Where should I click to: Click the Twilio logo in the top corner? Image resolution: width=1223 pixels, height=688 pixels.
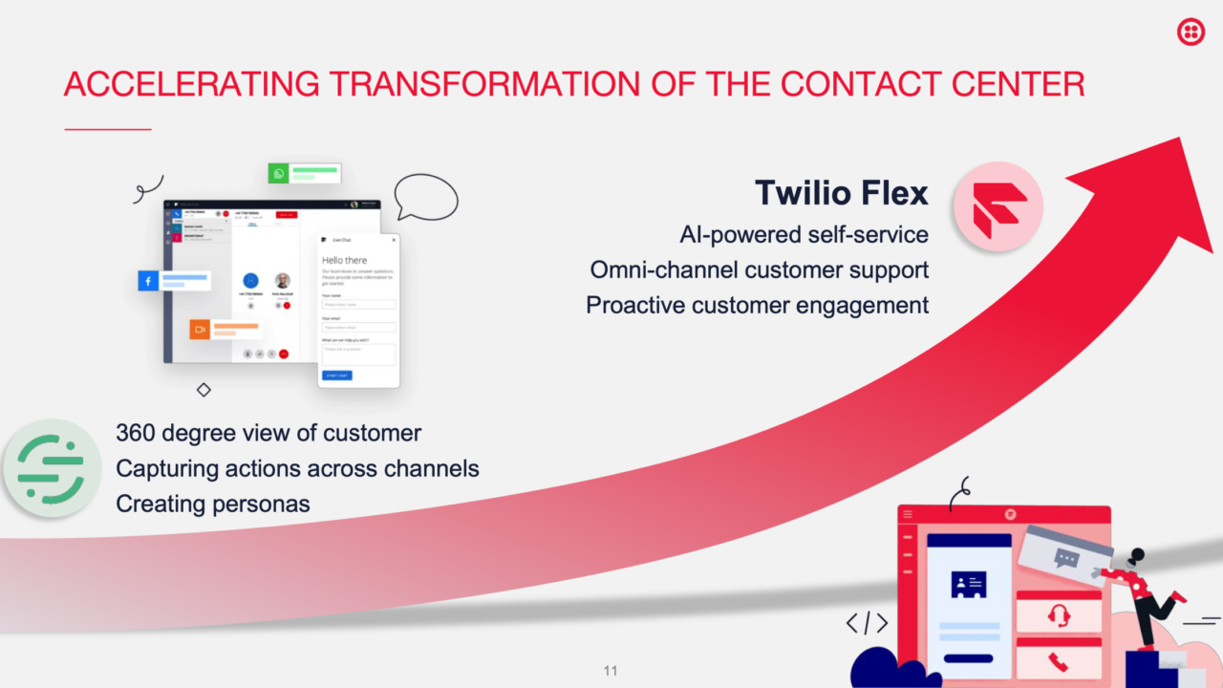[1191, 32]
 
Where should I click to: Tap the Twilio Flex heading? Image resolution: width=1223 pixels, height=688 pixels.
[841, 193]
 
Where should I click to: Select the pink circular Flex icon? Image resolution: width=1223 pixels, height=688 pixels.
[998, 206]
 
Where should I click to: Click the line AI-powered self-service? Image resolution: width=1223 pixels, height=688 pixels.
[804, 234]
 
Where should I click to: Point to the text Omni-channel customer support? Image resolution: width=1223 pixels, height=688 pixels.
[759, 269]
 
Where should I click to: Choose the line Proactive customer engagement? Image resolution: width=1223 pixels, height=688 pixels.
[757, 305]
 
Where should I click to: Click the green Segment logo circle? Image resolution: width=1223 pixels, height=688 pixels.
[51, 468]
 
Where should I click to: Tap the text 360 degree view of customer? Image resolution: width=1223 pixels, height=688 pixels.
[268, 433]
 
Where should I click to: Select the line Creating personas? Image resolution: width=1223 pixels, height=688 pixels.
[213, 504]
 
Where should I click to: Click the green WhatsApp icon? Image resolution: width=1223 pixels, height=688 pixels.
[279, 174]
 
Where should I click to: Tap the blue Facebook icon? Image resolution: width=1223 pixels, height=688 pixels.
[149, 281]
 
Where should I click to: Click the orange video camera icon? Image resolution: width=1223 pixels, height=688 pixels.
[200, 330]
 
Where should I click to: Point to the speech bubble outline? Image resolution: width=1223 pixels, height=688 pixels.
[426, 196]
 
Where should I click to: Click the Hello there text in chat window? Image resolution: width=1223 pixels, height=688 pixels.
[344, 260]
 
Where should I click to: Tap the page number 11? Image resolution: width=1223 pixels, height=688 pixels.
[611, 670]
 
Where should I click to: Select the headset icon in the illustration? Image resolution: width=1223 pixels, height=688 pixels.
[1058, 614]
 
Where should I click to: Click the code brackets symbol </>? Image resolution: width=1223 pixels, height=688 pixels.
[867, 624]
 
